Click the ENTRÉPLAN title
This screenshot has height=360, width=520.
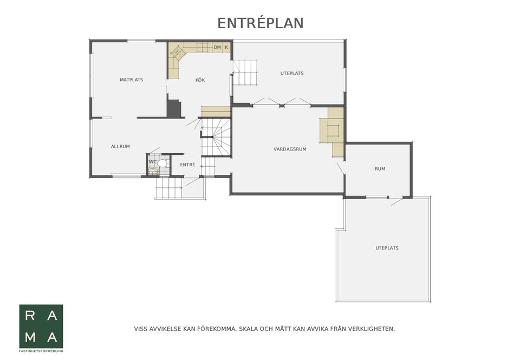[x=261, y=23]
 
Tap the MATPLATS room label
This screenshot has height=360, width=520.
[x=131, y=80]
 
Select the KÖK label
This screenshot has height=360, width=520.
[x=200, y=80]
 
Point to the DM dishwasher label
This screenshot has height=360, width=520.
[x=217, y=48]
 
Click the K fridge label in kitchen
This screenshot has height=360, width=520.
[x=226, y=48]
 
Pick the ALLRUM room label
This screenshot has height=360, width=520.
[x=120, y=146]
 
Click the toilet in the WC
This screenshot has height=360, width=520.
[x=162, y=163]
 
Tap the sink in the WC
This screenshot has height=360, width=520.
[x=153, y=172]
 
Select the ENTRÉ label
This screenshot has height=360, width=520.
[x=188, y=165]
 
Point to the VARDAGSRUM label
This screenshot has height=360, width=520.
[x=290, y=149]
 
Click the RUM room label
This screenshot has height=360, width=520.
[x=380, y=169]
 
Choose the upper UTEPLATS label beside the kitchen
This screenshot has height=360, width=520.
[x=292, y=73]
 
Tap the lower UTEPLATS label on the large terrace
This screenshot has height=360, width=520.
[x=387, y=248]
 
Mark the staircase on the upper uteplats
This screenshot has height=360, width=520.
[x=245, y=73]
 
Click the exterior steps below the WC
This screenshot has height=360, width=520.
[x=169, y=188]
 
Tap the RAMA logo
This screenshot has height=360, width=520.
[x=41, y=326]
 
